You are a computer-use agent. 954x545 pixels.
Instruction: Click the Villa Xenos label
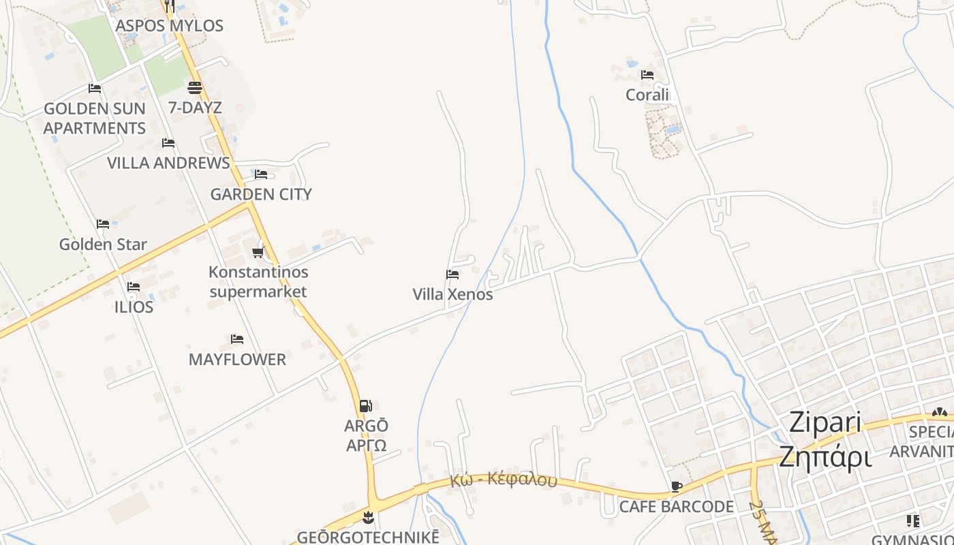[x=452, y=294]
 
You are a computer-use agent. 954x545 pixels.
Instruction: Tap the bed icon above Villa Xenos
[x=452, y=275]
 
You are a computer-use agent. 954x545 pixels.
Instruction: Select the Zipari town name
[x=825, y=422]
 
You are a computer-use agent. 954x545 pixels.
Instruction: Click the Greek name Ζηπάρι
[x=825, y=456]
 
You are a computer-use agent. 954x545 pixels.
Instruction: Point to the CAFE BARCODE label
[x=676, y=507]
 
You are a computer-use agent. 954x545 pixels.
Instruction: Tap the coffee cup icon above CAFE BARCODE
[x=676, y=486]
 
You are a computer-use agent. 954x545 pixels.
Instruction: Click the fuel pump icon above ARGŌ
[x=366, y=406]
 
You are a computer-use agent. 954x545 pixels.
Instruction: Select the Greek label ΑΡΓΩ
[x=367, y=446]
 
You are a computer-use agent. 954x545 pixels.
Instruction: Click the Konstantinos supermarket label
[x=258, y=282]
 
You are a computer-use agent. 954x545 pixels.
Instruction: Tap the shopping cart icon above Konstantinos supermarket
[x=258, y=253]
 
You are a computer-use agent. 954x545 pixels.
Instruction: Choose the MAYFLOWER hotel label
[x=237, y=359]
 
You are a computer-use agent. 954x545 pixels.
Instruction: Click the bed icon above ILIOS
[x=134, y=287]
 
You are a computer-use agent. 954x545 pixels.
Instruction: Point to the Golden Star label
[x=103, y=244]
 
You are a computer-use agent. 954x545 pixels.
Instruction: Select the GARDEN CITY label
[x=261, y=194]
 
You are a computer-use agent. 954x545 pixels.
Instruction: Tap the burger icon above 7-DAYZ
[x=195, y=87]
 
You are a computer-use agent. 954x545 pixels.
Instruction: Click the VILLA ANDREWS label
[x=168, y=163]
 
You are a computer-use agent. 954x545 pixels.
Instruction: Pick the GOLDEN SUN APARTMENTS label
[x=95, y=118]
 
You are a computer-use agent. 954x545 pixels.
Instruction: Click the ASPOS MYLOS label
[x=169, y=26]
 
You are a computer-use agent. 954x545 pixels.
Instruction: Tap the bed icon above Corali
[x=647, y=75]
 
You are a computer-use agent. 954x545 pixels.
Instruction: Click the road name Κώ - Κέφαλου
[x=503, y=480]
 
